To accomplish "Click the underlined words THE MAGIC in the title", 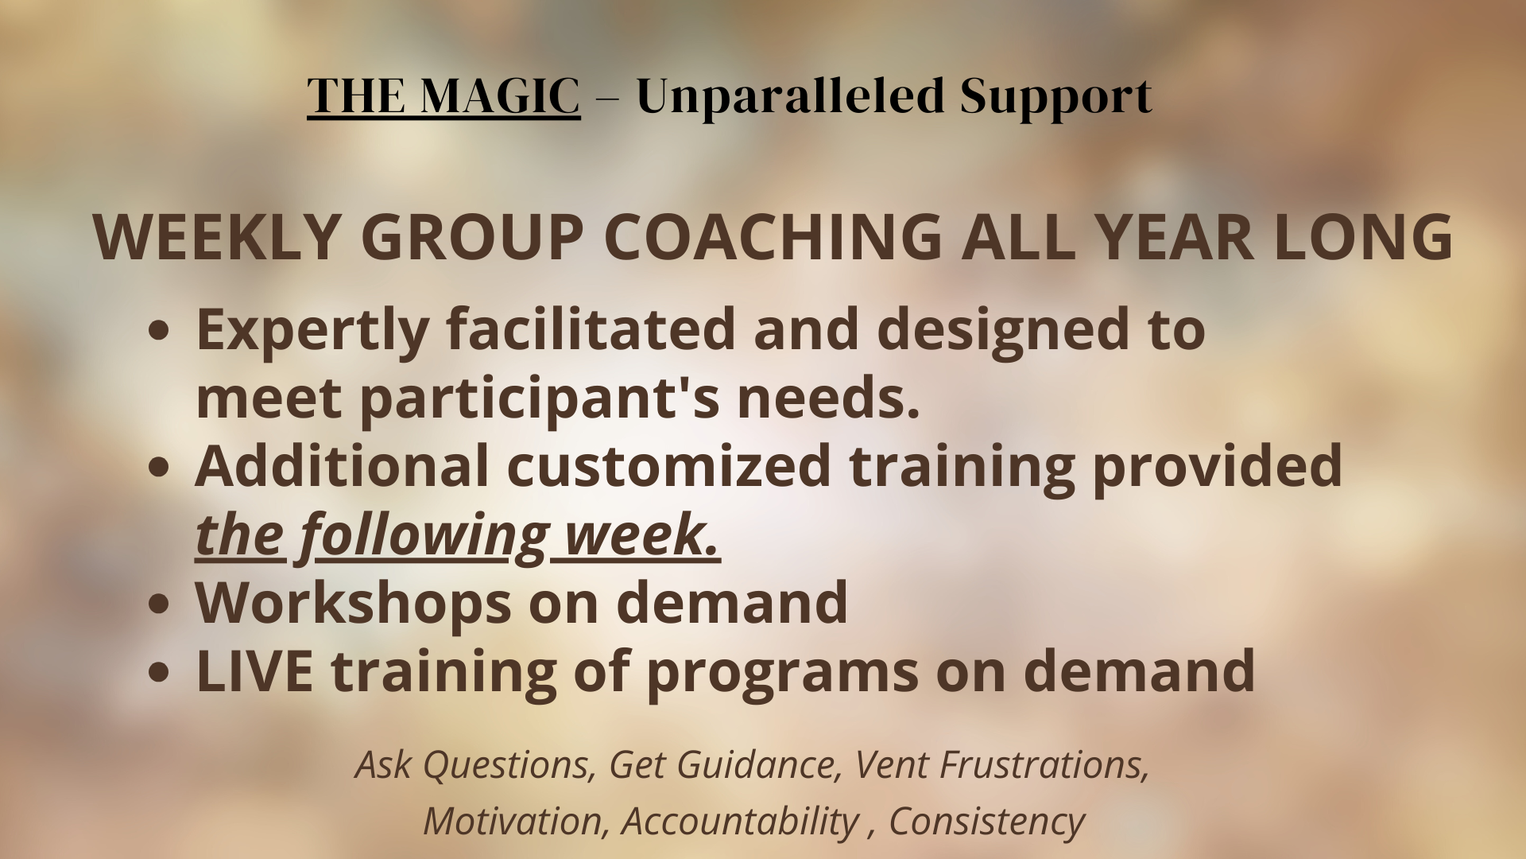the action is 443,96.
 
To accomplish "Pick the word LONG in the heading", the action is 1362,237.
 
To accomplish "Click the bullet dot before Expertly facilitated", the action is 159,331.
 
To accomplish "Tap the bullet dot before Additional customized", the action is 159,468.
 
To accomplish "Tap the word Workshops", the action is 353,603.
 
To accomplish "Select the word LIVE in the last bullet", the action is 254,671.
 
